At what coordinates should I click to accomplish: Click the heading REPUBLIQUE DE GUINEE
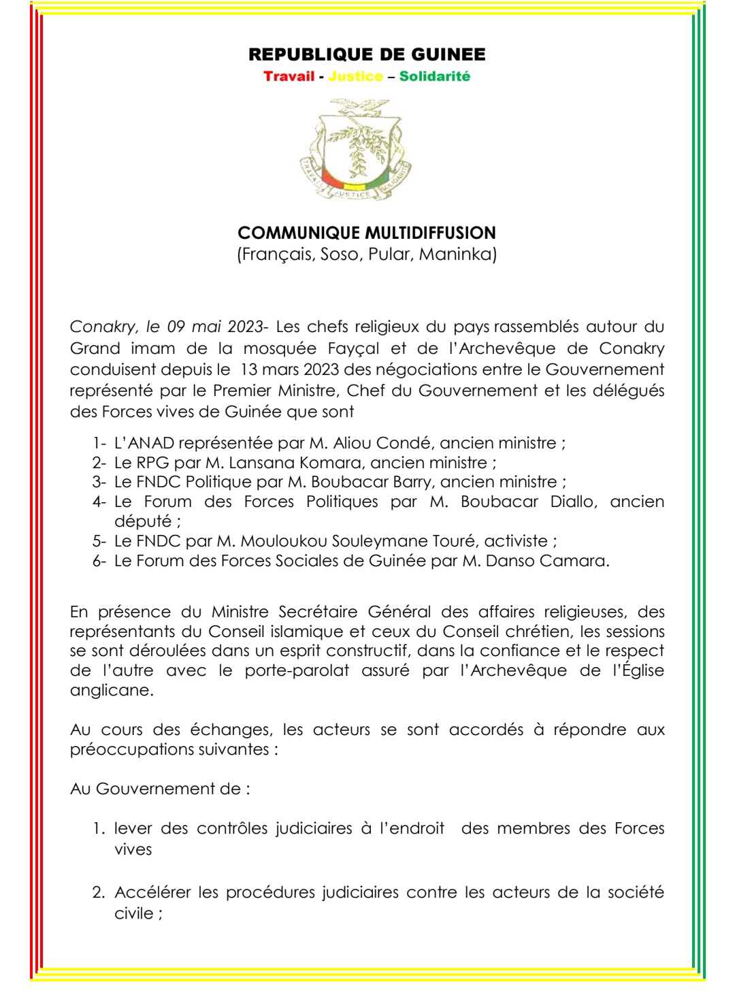coord(367,54)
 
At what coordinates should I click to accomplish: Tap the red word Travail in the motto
coord(289,76)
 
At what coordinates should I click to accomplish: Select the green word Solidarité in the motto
coord(434,76)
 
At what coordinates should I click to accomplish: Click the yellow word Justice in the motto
coord(355,76)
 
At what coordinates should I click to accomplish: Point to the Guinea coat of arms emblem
coord(356,150)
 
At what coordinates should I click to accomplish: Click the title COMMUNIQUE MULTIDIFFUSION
coord(367,233)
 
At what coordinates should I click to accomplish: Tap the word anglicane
coord(111,690)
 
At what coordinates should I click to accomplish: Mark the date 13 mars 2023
coord(289,370)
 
